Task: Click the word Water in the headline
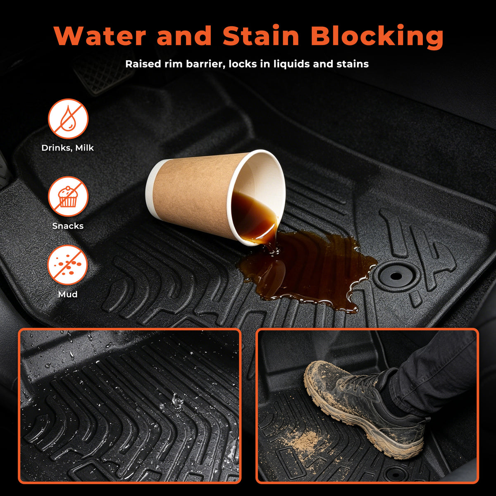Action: pos(100,36)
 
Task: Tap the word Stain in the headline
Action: pos(261,36)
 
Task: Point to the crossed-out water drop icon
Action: pos(68,119)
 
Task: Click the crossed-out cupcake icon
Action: pos(68,197)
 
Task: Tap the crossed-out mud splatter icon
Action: pos(68,265)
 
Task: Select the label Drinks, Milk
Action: pos(68,148)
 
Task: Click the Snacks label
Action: pos(68,226)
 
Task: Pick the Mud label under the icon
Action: pos(68,294)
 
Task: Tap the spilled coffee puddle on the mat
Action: pos(306,269)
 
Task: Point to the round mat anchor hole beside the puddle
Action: pos(396,276)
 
